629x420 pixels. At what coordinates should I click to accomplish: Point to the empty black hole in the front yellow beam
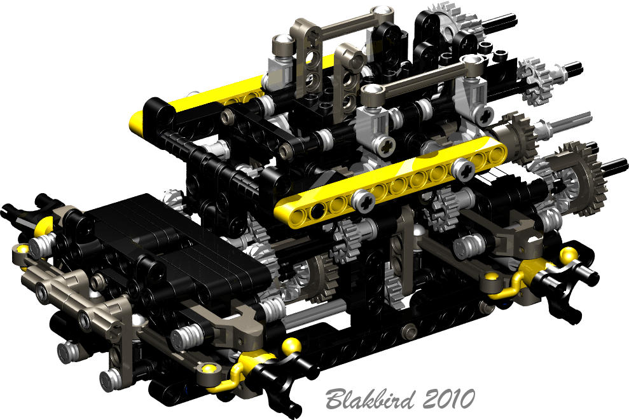pyautogui.click(x=317, y=209)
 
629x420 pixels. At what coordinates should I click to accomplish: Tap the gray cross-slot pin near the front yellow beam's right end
pyautogui.click(x=464, y=170)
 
